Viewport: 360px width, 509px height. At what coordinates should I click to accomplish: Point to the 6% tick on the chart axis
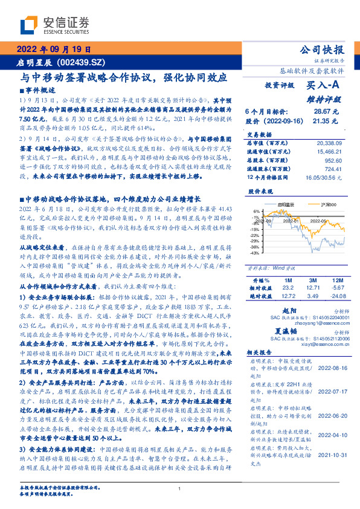(257, 212)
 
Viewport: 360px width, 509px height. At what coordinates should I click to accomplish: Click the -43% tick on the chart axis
(256, 253)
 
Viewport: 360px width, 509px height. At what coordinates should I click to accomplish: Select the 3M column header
(313, 280)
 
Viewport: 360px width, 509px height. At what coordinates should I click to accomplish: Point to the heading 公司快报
(323, 49)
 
